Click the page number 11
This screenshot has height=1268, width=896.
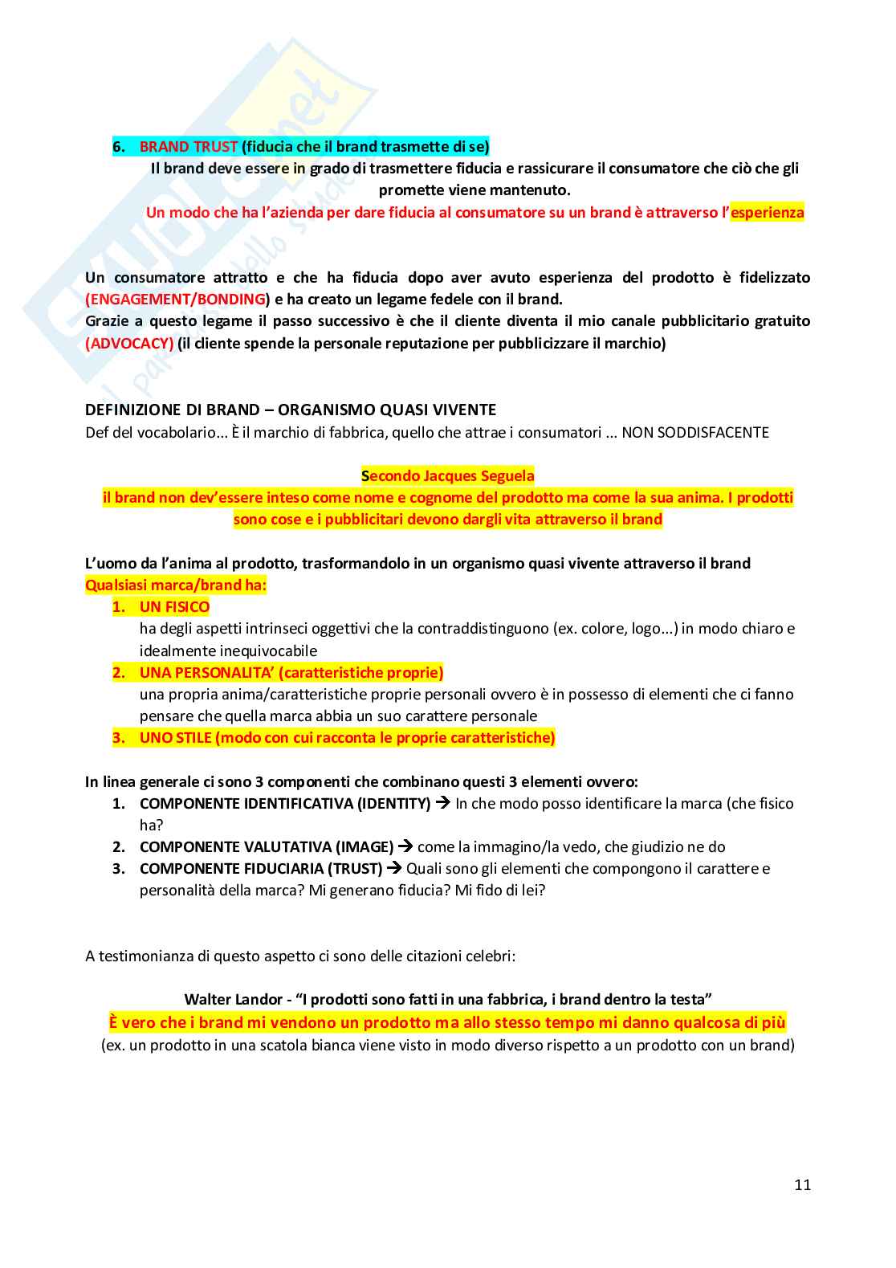point(802,1185)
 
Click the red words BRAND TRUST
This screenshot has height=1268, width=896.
point(189,147)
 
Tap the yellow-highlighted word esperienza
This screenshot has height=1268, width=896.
point(767,213)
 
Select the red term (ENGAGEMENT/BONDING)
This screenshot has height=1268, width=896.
point(177,300)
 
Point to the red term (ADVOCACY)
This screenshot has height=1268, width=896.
point(129,344)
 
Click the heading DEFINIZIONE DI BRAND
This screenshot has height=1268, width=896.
point(173,410)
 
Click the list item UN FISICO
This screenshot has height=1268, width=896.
point(174,607)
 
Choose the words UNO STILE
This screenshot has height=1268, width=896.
point(176,738)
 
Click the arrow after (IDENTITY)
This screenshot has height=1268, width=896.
point(442,803)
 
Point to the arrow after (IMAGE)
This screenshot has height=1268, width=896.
point(405,846)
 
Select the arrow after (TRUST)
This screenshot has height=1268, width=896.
point(393,868)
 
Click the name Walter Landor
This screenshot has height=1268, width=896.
point(233,1000)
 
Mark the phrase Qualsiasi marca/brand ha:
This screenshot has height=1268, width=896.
point(176,585)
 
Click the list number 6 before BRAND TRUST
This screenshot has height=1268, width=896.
point(118,147)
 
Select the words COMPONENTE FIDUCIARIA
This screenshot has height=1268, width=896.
point(231,869)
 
